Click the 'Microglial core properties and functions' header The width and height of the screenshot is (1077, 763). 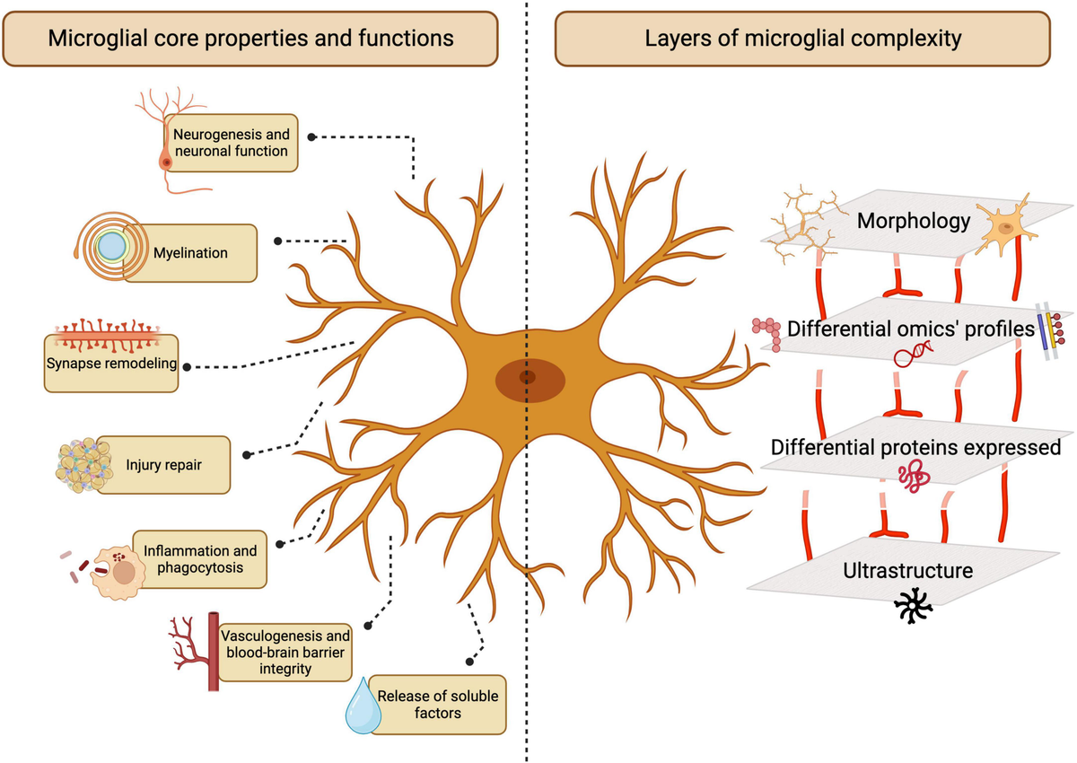pyautogui.click(x=250, y=39)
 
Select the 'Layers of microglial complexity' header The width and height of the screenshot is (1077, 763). pyautogui.click(x=803, y=39)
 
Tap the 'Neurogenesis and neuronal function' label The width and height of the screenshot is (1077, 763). pyautogui.click(x=231, y=143)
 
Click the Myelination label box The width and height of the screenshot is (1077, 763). pyautogui.click(x=189, y=253)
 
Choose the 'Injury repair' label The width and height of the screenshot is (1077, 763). pyautogui.click(x=162, y=465)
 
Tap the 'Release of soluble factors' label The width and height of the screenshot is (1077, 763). pyautogui.click(x=437, y=704)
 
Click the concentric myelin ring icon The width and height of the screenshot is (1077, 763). pyautogui.click(x=109, y=247)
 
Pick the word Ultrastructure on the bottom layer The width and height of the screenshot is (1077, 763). pyautogui.click(x=908, y=570)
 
